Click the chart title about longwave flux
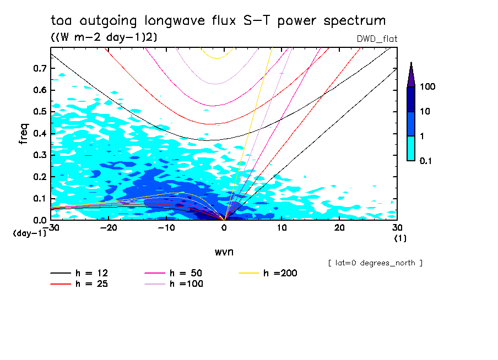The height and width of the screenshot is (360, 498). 218,21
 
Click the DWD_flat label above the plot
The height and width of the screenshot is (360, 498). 377,39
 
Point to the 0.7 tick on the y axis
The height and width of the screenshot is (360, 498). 40,68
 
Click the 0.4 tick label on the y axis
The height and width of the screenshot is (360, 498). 40,133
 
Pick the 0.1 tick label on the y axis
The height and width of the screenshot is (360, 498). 40,198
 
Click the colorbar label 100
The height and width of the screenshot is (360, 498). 427,87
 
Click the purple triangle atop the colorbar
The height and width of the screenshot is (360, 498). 411,75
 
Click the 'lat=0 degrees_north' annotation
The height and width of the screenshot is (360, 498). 375,263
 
